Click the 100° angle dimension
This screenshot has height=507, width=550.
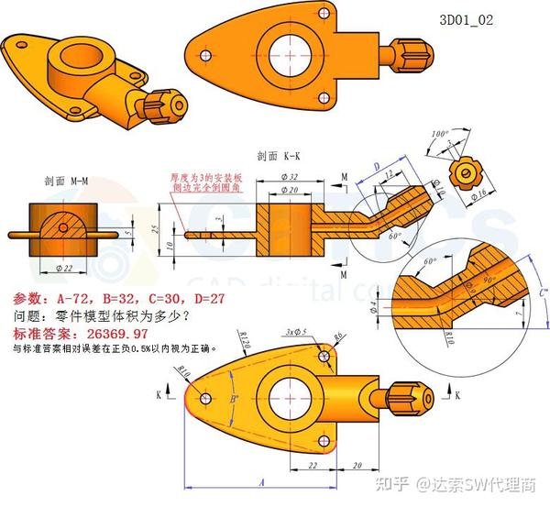click(438, 134)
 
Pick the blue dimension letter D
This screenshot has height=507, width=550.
click(378, 166)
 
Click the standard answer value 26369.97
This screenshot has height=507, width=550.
click(111, 334)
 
